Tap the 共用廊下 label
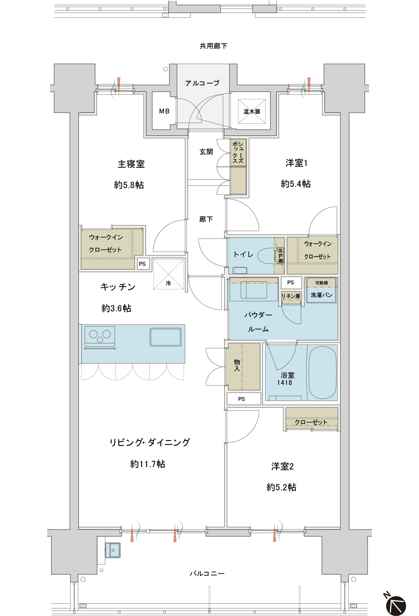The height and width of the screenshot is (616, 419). click(213, 46)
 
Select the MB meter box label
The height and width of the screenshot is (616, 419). click(164, 111)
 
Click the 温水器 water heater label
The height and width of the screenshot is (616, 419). click(252, 112)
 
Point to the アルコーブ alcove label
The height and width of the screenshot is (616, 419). click(202, 83)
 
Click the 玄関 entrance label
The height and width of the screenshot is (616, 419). click(206, 152)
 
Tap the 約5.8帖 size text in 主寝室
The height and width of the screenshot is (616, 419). click(129, 185)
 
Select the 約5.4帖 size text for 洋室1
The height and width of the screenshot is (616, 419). click(296, 184)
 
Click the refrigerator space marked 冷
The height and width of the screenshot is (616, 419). click(168, 274)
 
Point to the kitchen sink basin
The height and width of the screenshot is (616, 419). click(166, 337)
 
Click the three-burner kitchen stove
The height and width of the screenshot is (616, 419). click(100, 337)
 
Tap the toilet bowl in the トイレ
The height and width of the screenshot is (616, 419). click(267, 256)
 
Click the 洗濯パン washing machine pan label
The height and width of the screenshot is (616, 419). click(321, 295)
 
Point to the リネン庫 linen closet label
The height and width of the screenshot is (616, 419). click(291, 296)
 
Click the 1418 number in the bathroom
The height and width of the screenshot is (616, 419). click(285, 383)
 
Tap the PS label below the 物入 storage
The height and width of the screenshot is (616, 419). click(241, 399)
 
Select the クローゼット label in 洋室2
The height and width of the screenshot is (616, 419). click(311, 422)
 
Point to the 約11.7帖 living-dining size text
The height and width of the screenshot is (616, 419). click(148, 464)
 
